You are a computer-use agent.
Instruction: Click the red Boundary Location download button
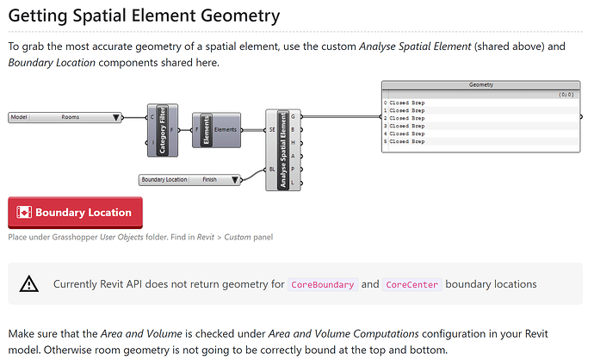tap(75, 213)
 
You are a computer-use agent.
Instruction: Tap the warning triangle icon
tap(29, 283)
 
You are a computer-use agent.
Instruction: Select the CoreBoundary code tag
tap(321, 284)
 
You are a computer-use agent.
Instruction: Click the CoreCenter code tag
tap(411, 284)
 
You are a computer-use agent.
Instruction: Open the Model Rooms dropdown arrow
tap(115, 116)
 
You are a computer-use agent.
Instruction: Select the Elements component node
tap(207, 129)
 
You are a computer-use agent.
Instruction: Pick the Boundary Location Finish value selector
tap(209, 179)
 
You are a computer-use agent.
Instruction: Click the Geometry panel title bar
tap(481, 85)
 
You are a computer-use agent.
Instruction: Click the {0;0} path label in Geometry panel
tap(565, 94)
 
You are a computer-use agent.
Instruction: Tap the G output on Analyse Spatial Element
tap(294, 116)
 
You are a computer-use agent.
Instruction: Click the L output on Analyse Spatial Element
tap(294, 183)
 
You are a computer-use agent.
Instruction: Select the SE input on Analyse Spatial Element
tap(272, 129)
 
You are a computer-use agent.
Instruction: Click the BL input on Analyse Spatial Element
tap(272, 170)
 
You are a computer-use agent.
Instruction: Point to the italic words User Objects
tap(120, 236)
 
